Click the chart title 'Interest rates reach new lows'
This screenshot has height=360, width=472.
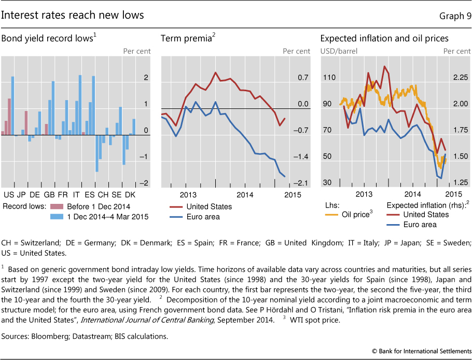click(x=73, y=16)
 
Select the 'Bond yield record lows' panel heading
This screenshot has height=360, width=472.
click(x=49, y=38)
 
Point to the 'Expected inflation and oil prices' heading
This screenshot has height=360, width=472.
click(x=384, y=38)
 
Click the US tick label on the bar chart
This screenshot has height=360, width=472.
click(x=8, y=195)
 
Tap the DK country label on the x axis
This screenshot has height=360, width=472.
click(x=130, y=195)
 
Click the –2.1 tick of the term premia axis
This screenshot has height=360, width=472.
click(x=302, y=183)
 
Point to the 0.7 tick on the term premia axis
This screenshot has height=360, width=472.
click(x=302, y=77)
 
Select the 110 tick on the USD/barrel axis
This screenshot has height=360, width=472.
click(x=328, y=77)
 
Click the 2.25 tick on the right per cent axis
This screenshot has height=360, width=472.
click(x=459, y=77)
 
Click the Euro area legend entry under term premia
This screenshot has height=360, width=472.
click(x=203, y=216)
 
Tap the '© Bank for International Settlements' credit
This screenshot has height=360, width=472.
click(x=421, y=352)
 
